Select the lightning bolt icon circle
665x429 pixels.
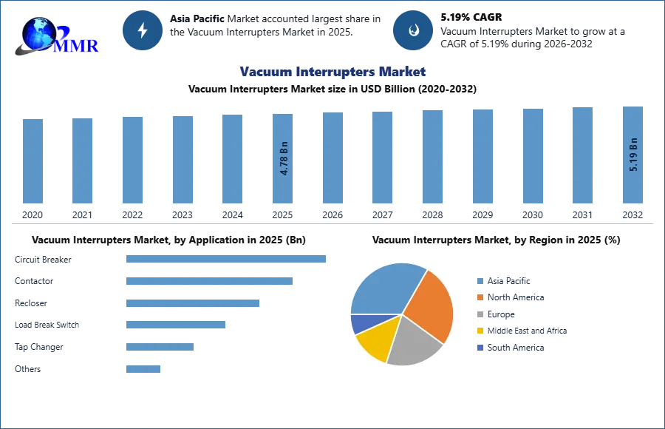click(143, 30)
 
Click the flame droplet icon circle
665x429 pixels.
click(413, 30)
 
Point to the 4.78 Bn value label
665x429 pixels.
click(284, 160)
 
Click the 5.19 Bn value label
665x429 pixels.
click(632, 155)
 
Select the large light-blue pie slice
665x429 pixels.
click(384, 288)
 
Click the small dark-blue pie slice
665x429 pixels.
click(360, 323)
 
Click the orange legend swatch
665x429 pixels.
click(479, 297)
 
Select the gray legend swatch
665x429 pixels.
click(479, 314)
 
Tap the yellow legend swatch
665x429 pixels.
click(479, 331)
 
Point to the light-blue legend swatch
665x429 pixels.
click(479, 280)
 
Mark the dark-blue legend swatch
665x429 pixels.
click(479, 348)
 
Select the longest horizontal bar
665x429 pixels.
click(227, 260)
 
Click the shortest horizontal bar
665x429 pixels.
click(144, 366)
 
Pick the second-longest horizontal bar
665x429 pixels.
click(209, 281)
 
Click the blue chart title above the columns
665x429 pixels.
click(332, 72)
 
